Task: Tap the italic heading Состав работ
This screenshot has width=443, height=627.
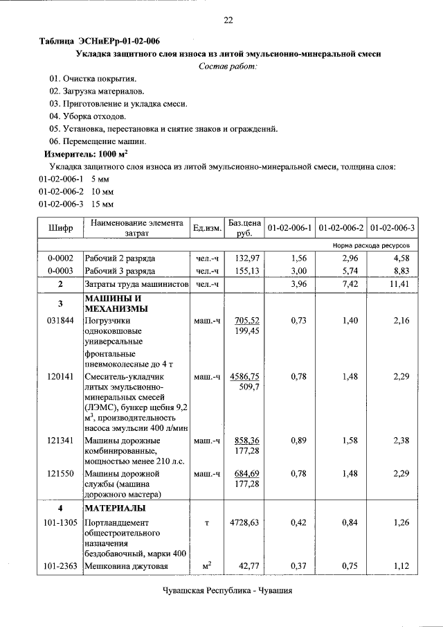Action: (x=228, y=66)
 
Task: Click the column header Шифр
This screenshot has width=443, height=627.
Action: (x=60, y=227)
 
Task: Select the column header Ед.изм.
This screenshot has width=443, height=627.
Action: (x=207, y=228)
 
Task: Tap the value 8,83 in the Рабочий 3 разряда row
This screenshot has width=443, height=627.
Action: (x=403, y=271)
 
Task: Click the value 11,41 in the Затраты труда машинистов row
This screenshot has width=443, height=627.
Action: (x=401, y=284)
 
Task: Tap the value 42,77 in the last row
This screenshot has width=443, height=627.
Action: (x=248, y=566)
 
